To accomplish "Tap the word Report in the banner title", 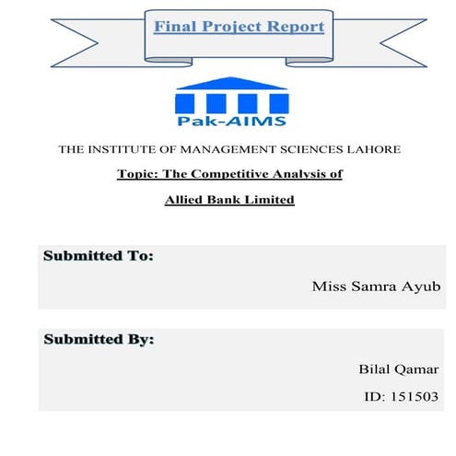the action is pos(297,26).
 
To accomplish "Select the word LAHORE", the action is pos(370,149).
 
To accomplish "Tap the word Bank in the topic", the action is pos(223,199).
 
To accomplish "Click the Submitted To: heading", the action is pos(98,256).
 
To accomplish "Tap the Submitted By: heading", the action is pos(99,340).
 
